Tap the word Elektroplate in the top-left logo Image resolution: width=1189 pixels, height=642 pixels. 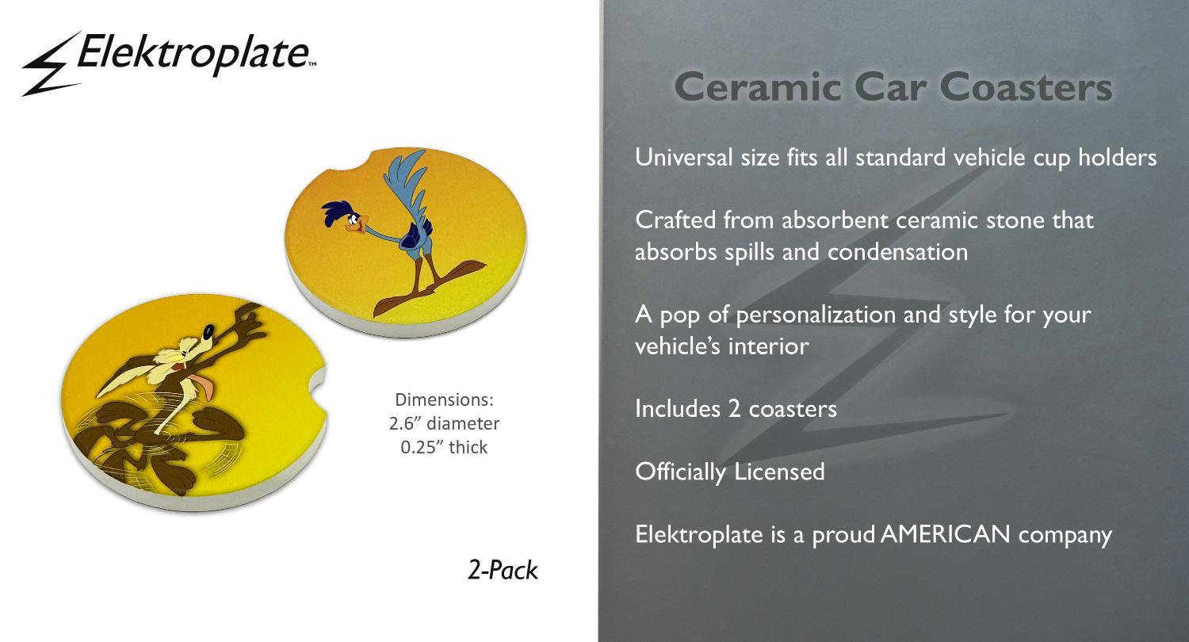point(193,53)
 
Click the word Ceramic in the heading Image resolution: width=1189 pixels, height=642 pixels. point(759,87)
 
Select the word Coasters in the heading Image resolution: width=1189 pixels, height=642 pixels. point(1026,87)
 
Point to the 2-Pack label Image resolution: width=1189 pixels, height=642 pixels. point(503,571)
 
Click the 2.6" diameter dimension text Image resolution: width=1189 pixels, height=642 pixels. point(444,423)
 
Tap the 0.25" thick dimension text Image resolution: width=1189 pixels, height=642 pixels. point(444,447)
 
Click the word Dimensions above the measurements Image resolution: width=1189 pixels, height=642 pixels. point(444,399)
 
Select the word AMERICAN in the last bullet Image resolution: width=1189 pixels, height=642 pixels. point(945,533)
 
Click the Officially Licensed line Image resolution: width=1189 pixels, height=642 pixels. point(730,472)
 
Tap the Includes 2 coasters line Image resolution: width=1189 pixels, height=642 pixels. point(736,408)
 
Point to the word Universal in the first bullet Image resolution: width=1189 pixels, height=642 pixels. point(683,157)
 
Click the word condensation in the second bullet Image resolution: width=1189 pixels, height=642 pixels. point(897,252)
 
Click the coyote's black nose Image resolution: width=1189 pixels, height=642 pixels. point(209,331)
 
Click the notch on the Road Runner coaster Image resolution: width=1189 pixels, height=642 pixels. point(350,160)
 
